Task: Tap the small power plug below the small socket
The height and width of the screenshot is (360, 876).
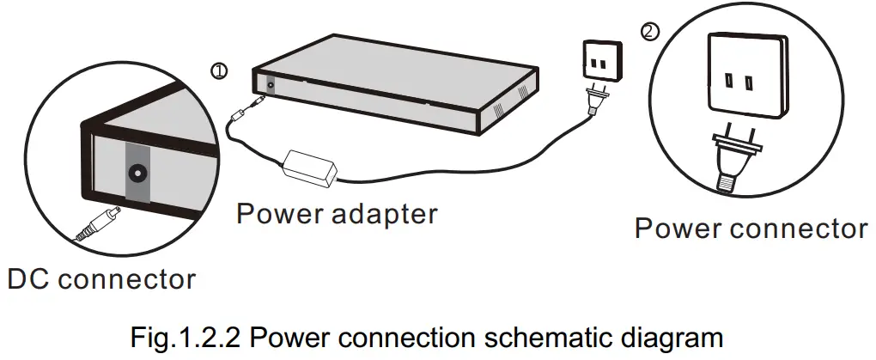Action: pos(593,101)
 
